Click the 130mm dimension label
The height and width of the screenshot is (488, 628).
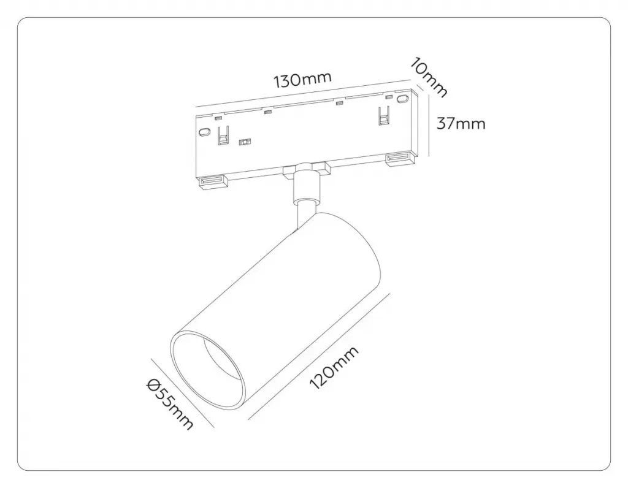[302, 79]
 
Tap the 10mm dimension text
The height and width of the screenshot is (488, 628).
[427, 78]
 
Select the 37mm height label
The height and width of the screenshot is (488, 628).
[461, 123]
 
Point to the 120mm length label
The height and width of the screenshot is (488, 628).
[334, 367]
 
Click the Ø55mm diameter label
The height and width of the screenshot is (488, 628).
[170, 405]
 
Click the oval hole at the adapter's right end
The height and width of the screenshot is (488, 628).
[402, 99]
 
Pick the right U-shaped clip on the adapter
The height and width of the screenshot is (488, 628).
[384, 116]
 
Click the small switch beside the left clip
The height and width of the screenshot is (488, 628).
[244, 142]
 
